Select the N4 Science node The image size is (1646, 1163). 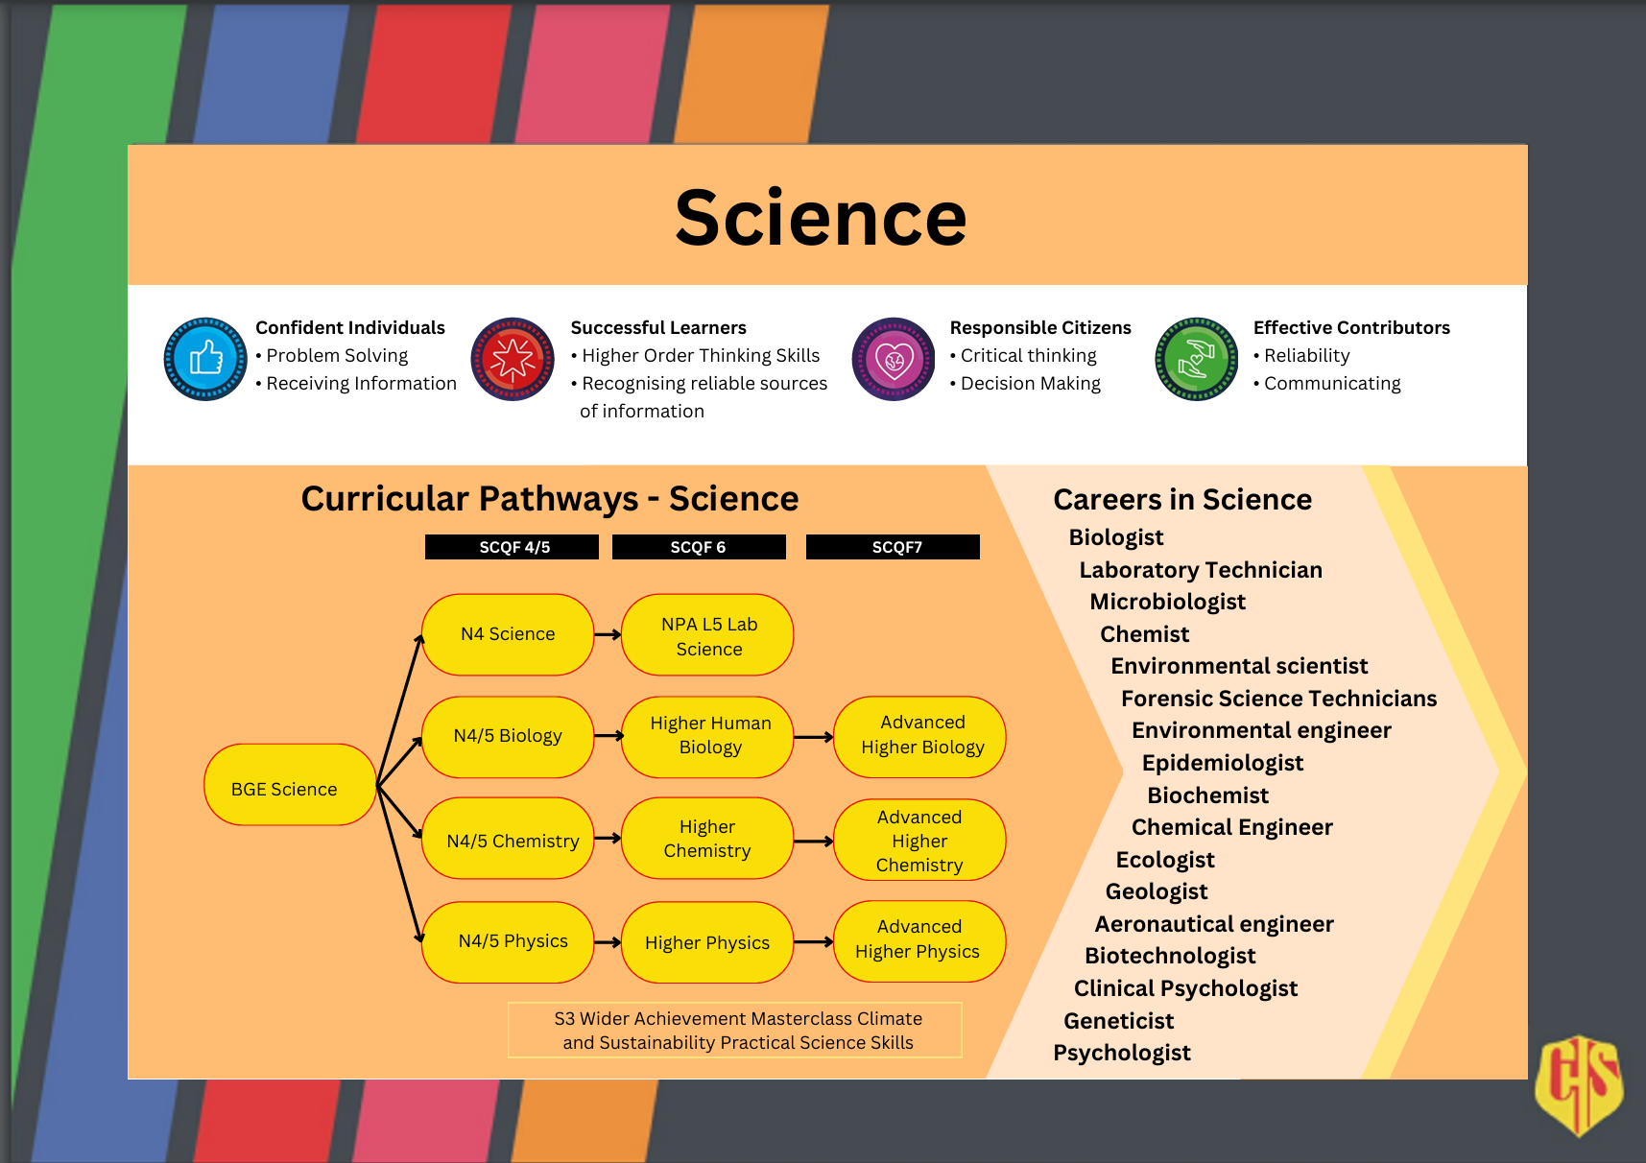(508, 634)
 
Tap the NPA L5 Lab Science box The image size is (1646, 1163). (708, 635)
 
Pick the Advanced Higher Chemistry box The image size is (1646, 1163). (919, 841)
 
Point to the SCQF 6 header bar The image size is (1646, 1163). (699, 547)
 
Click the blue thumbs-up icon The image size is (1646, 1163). (205, 359)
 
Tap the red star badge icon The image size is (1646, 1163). (513, 359)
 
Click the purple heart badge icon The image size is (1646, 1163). (894, 359)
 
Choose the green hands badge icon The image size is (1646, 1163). (1196, 359)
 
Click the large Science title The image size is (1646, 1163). (821, 218)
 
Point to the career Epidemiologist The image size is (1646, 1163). (1222, 763)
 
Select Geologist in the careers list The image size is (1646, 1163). (1157, 891)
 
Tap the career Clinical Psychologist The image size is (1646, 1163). (1185, 988)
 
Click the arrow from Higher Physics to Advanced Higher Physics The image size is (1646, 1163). (814, 942)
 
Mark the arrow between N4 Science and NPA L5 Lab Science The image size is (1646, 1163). (608, 634)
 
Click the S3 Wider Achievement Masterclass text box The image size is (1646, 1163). (735, 1031)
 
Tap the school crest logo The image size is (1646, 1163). (1579, 1084)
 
